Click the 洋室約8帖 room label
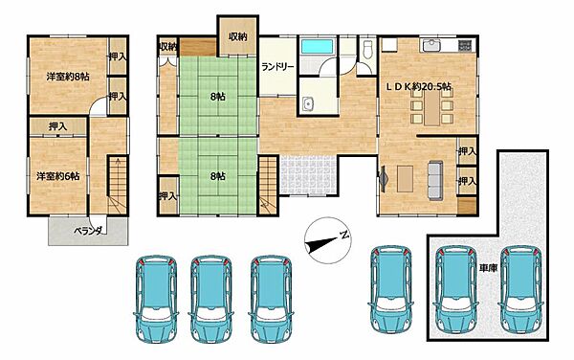pos(68,77)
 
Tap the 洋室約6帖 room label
pos(57,176)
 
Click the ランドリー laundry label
pos(277,67)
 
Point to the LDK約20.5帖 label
pos(419,86)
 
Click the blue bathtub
pos(317,47)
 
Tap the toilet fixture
pos(368,49)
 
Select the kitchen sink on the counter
pos(432,45)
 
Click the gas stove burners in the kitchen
pos(465,45)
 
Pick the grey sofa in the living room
pos(435,181)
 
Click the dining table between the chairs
pos(432,106)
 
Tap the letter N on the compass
pos(343,235)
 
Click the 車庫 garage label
pos(488,268)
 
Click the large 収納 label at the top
pos(238,36)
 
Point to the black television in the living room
pos(384,179)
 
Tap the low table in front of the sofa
pos(405,179)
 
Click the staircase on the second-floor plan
pos(117,185)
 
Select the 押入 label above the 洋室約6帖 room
pos(57,126)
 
